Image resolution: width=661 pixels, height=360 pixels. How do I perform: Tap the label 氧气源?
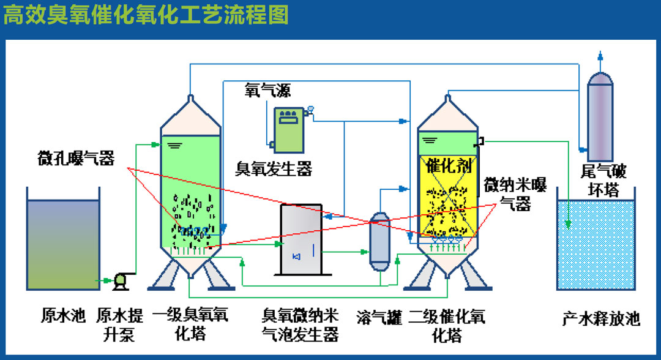pyautogui.click(x=267, y=91)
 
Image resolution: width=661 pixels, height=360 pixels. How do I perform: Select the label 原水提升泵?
pyautogui.click(x=120, y=324)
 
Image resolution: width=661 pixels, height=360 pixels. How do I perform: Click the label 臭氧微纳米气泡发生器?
pyautogui.click(x=301, y=325)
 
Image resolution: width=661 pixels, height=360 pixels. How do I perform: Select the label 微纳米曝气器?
pyautogui.click(x=515, y=193)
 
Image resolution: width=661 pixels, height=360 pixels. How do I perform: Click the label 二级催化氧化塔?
pyautogui.click(x=447, y=325)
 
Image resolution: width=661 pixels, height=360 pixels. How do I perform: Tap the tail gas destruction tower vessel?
pyautogui.click(x=600, y=116)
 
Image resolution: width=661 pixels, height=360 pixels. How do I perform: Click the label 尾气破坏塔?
pyautogui.click(x=603, y=180)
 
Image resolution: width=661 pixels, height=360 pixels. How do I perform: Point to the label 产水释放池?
pyautogui.click(x=600, y=319)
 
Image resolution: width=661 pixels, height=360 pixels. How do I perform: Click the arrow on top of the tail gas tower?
pyautogui.click(x=600, y=56)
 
